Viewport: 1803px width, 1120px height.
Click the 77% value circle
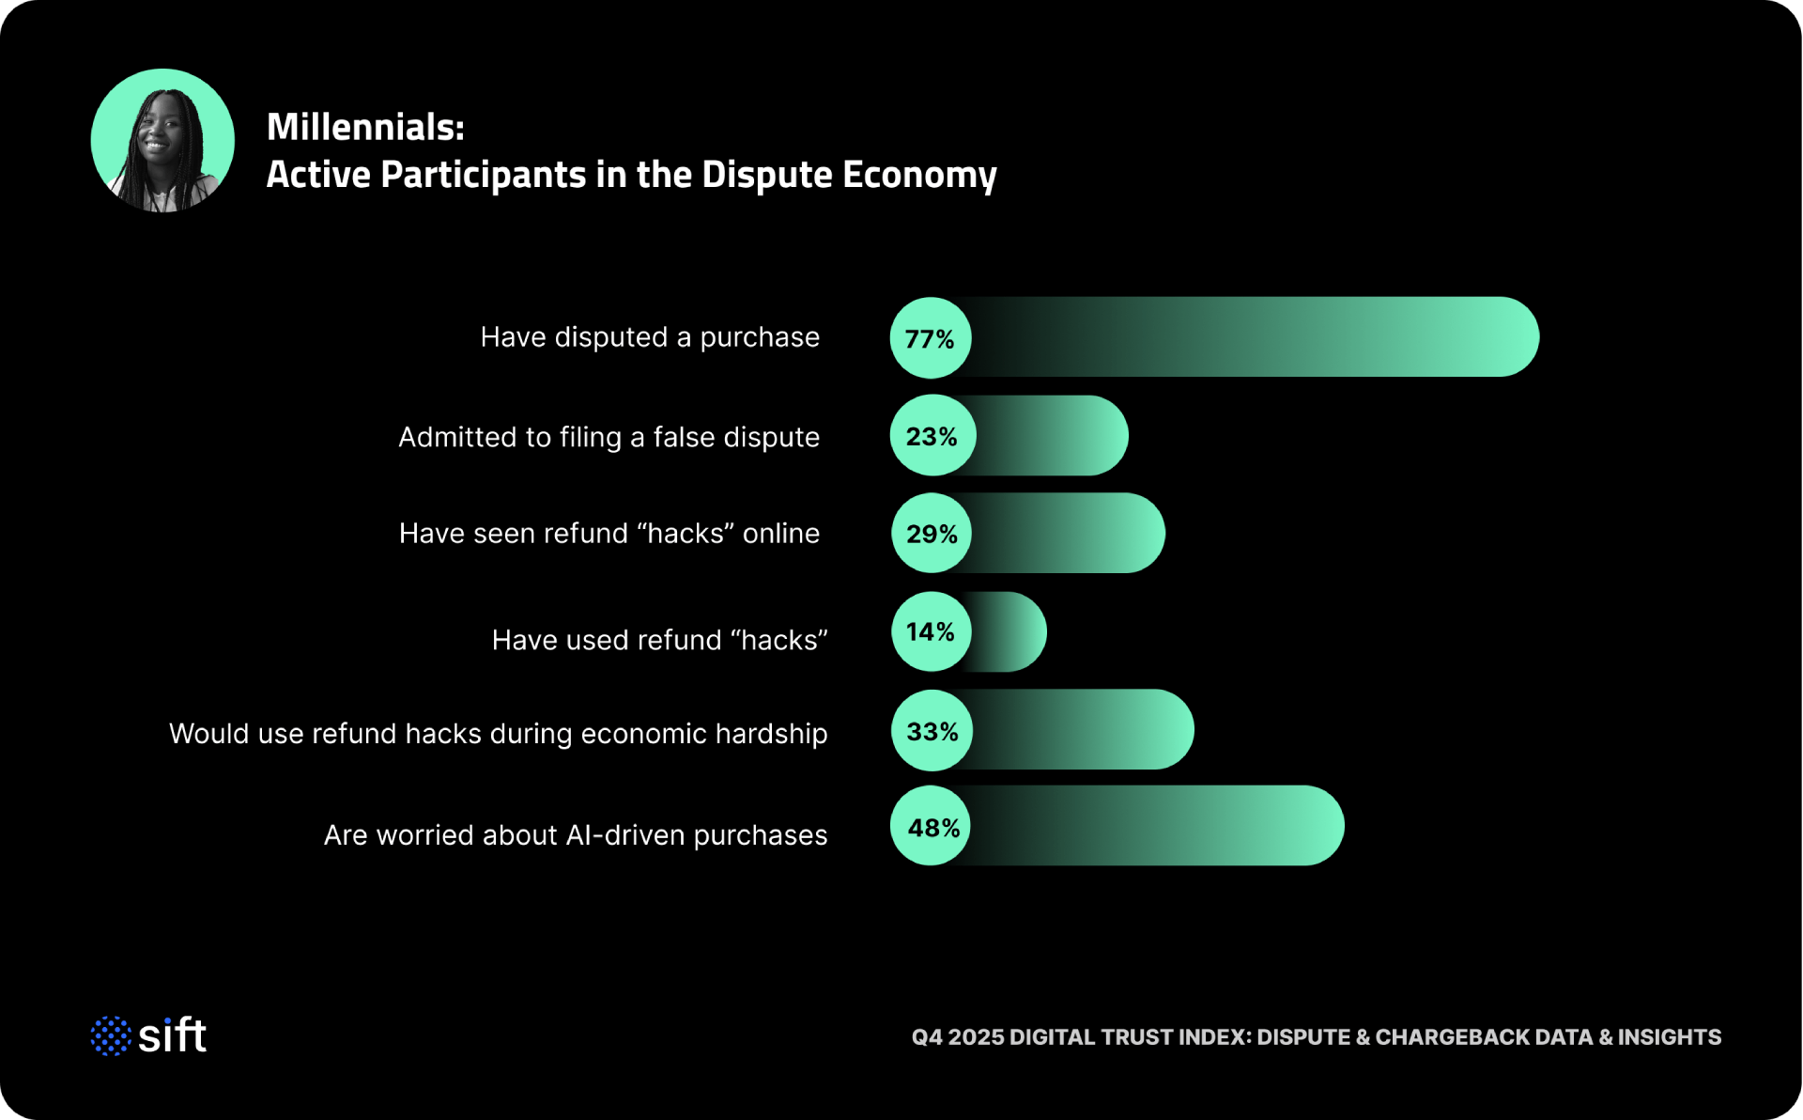tap(930, 338)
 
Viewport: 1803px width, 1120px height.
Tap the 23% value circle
tap(932, 436)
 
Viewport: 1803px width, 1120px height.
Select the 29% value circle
tap(932, 534)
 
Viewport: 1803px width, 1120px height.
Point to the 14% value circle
tap(931, 631)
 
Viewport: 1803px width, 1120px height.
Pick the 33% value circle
tap(932, 731)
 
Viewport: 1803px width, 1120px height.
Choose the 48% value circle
tap(932, 827)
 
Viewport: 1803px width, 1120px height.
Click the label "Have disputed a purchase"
tap(650, 337)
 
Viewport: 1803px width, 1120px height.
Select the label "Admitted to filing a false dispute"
tap(609, 437)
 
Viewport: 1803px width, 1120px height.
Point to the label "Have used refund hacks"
tap(659, 640)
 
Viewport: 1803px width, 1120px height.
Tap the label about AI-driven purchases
tap(576, 835)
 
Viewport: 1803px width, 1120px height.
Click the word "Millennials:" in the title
tap(365, 127)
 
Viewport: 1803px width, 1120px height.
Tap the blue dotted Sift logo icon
tap(111, 1035)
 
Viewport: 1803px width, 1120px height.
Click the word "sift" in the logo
tap(173, 1035)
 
